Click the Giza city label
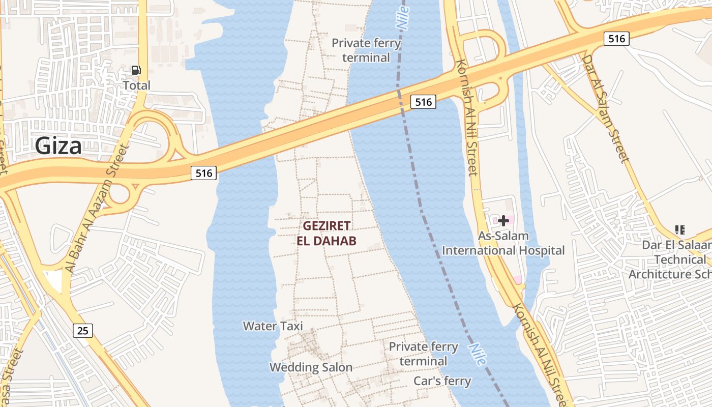(x=58, y=147)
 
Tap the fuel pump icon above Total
(x=136, y=70)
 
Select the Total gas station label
(x=137, y=85)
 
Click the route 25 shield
(x=83, y=331)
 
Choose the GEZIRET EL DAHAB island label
(x=327, y=233)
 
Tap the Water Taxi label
(x=273, y=326)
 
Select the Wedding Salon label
(x=311, y=367)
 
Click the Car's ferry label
(x=442, y=381)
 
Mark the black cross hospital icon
(x=503, y=221)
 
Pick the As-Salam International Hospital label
(x=503, y=243)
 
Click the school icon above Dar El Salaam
(x=679, y=230)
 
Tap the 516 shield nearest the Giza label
(x=204, y=173)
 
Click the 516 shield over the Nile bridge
(x=423, y=102)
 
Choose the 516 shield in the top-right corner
(x=616, y=39)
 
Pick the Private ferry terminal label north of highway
(x=366, y=50)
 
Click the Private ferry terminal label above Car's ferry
(x=423, y=354)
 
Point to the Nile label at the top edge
(x=402, y=15)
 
